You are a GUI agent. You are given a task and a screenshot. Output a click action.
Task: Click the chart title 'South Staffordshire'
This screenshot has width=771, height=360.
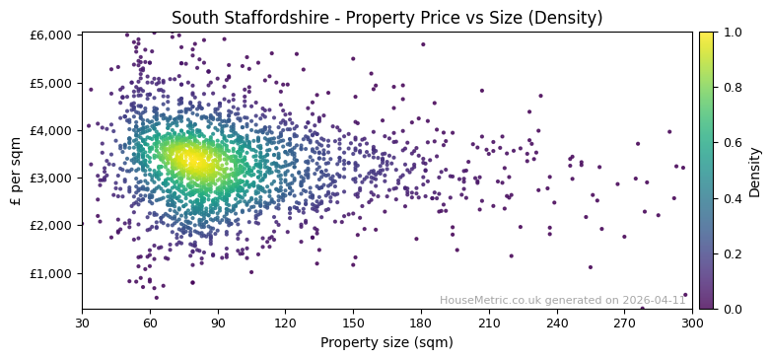[386, 18]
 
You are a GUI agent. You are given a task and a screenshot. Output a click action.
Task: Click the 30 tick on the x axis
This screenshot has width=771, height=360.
[82, 323]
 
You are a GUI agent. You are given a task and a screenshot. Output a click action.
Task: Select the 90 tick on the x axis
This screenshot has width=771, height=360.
[218, 323]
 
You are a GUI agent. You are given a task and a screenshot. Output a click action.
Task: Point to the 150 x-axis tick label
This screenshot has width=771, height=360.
[353, 323]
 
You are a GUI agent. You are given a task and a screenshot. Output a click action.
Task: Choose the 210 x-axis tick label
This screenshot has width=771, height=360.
[489, 323]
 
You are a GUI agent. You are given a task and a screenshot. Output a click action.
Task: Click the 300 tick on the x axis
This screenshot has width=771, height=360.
[692, 323]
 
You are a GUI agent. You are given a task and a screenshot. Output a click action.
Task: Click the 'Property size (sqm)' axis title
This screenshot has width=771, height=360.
[386, 342]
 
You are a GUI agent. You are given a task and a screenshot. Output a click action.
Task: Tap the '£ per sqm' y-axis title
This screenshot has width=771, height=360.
[17, 171]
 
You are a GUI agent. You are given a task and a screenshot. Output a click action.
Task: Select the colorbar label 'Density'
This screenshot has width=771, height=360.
[754, 171]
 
